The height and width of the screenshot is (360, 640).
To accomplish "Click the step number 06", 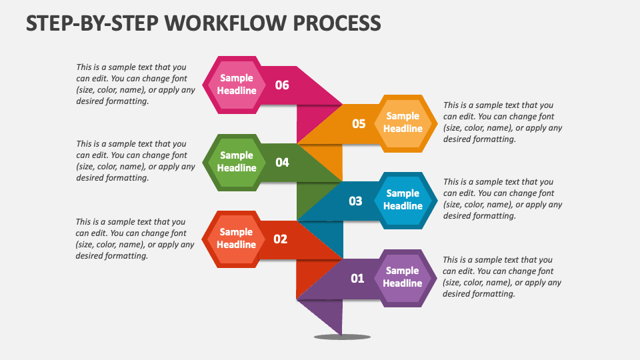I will (282, 85).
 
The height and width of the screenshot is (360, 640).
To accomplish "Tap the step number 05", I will (359, 123).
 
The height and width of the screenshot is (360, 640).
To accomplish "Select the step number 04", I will (282, 162).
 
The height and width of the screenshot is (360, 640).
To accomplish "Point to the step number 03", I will (355, 201).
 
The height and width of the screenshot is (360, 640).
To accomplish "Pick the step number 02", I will (280, 239).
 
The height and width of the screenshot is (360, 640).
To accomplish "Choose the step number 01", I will (357, 278).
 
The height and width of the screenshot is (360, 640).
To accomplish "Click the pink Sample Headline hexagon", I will (237, 85).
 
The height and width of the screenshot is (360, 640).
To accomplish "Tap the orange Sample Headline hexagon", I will (403, 123).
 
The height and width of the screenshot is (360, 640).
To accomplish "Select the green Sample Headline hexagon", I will (237, 162).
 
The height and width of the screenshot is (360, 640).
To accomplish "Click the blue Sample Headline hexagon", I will (403, 200).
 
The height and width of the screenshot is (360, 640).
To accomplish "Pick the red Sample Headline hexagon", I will (236, 239).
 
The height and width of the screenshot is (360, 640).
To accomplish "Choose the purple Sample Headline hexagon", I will (402, 277).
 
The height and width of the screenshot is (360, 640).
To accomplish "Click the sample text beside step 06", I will (136, 84).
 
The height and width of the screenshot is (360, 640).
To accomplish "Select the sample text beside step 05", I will (503, 122).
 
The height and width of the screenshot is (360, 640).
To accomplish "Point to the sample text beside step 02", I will (135, 239).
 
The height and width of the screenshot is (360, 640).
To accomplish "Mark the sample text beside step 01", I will (502, 277).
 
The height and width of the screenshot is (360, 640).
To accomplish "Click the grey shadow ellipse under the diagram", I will (342, 337).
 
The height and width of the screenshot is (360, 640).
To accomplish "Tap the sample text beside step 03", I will (503, 199).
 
